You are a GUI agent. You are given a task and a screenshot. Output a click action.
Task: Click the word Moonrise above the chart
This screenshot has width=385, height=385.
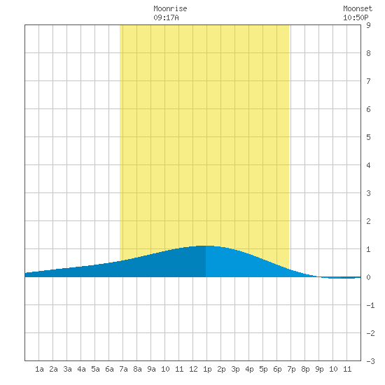click(x=170, y=8)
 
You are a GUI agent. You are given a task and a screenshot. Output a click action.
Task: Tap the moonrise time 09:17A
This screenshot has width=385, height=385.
click(x=166, y=17)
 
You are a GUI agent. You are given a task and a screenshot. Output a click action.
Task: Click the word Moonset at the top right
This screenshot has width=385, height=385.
click(x=358, y=8)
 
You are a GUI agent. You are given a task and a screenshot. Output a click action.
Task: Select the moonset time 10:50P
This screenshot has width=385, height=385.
click(x=356, y=17)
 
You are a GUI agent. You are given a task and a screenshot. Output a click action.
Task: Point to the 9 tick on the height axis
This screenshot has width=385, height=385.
click(x=368, y=25)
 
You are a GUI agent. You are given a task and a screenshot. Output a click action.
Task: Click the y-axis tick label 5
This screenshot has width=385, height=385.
click(x=368, y=137)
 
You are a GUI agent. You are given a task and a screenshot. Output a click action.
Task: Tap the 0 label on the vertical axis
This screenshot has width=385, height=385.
click(x=368, y=277)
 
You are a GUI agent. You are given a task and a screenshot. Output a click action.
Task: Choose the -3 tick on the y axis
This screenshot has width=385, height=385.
click(x=370, y=361)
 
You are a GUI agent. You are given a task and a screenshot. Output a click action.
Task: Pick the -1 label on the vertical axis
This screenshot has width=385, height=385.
click(x=370, y=305)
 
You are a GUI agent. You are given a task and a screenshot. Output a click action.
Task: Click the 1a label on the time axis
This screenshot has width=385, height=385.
click(x=39, y=369)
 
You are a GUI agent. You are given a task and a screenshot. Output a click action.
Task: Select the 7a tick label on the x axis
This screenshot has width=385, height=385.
click(x=123, y=369)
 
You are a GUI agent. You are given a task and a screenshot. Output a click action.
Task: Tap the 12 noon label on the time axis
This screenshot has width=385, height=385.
click(x=193, y=369)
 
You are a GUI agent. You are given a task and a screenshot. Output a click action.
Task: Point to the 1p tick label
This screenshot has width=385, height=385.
click(x=207, y=369)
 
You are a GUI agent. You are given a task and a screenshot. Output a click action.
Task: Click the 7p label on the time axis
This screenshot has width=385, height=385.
click(x=291, y=369)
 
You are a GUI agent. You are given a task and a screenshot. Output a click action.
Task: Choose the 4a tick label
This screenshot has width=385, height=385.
click(x=81, y=369)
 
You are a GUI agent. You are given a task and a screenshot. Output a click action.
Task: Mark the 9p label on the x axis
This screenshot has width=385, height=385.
click(x=319, y=369)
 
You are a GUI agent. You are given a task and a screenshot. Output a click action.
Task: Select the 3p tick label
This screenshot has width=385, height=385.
click(x=235, y=369)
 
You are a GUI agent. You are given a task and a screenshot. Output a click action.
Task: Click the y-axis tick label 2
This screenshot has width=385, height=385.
click(x=368, y=221)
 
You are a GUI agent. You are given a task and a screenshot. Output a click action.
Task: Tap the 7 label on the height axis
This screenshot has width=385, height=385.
click(x=368, y=81)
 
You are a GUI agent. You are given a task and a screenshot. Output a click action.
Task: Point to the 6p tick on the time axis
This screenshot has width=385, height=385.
click(x=277, y=369)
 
